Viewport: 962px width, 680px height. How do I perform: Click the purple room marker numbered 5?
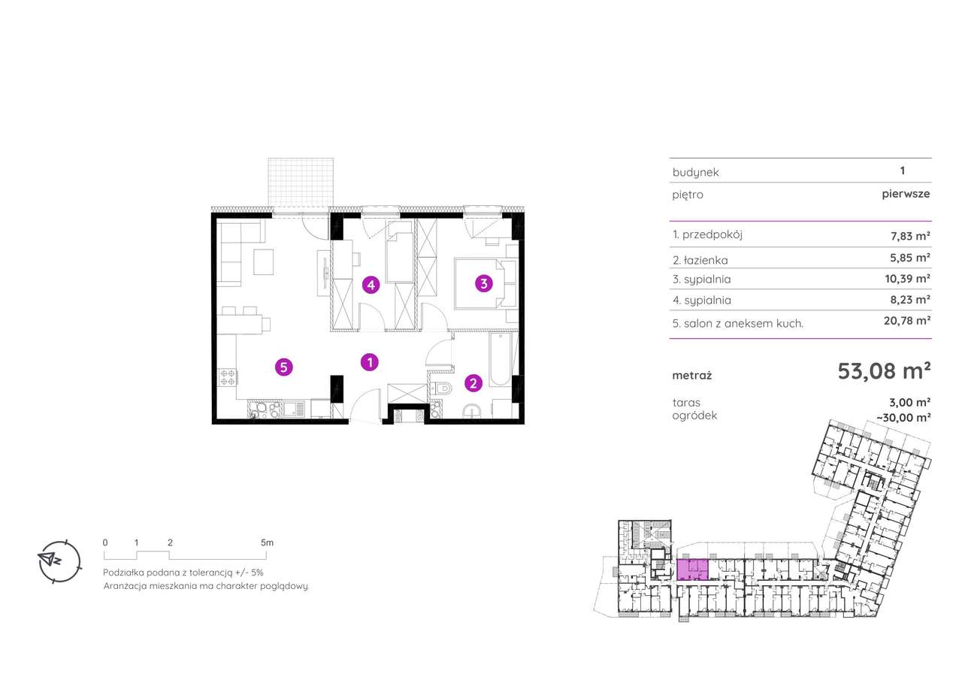[x=284, y=367]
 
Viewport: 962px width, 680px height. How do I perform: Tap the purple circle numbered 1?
[x=369, y=362]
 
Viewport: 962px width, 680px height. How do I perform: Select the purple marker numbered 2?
[x=473, y=383]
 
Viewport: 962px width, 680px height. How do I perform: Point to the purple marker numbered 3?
[x=484, y=284]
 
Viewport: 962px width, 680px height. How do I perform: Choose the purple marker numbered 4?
[x=371, y=285]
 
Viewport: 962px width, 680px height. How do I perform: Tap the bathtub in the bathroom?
[x=500, y=360]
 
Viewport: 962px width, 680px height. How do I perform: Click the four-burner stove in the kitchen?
[x=227, y=377]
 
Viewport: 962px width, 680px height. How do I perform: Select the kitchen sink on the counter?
[x=294, y=409]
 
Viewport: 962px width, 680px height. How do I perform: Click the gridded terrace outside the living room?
[x=301, y=183]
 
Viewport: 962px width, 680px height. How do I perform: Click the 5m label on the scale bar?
[x=267, y=542]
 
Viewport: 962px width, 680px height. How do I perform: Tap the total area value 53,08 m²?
[x=884, y=371]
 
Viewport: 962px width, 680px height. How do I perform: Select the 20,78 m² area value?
[x=906, y=320]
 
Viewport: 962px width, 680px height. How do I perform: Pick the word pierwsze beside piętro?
[x=906, y=194]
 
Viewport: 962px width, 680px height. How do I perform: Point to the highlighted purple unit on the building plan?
[x=692, y=570]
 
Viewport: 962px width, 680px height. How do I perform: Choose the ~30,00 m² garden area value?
[x=903, y=417]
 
